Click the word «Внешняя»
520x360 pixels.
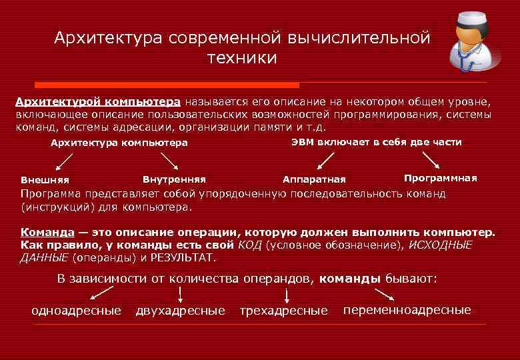click(45, 180)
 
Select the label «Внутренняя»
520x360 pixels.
click(174, 179)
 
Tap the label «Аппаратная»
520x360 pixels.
click(314, 179)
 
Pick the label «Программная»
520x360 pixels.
click(441, 178)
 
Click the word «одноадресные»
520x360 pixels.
click(77, 311)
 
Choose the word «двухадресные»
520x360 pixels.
click(181, 311)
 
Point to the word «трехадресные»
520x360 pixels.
click(284, 311)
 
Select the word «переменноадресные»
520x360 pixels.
click(407, 310)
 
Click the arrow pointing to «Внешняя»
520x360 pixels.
click(65, 161)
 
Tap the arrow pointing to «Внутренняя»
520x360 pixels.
click(169, 161)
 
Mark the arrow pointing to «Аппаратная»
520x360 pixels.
click(325, 160)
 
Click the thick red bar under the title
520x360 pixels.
click(167, 85)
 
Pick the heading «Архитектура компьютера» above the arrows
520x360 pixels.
click(119, 143)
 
